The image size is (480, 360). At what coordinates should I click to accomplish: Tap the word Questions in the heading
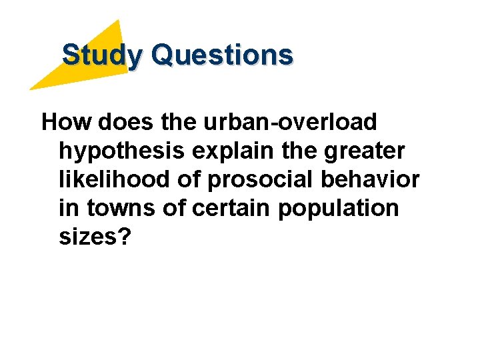click(222, 55)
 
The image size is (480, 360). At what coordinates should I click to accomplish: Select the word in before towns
click(67, 209)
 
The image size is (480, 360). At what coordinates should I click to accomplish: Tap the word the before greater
click(300, 151)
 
